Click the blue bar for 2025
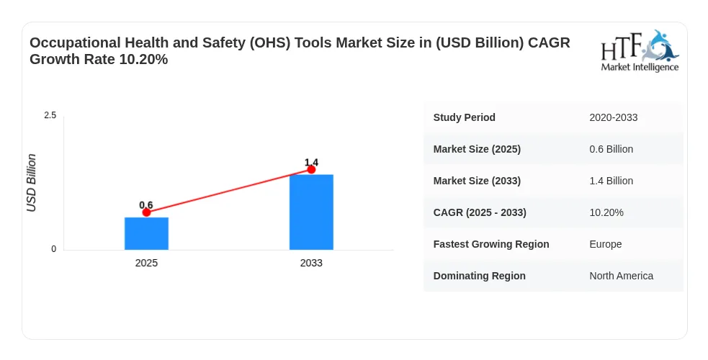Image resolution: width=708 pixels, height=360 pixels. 146,233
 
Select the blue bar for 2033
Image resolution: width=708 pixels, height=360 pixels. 311,212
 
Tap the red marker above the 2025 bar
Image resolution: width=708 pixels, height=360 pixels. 146,212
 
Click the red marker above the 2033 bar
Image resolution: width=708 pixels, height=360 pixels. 311,169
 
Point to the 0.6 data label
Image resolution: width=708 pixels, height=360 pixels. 145,205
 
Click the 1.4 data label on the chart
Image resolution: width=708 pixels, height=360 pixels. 311,163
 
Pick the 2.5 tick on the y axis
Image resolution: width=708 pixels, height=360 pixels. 50,115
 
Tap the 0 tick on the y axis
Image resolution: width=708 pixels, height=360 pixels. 54,249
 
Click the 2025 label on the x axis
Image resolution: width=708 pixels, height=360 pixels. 146,263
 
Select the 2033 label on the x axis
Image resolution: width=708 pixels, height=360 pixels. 311,263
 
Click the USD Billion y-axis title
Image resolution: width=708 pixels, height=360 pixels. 31,183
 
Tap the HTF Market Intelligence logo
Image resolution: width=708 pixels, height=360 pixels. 640,50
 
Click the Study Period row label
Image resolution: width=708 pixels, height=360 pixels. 464,117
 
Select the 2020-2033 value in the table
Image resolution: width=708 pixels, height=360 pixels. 613,117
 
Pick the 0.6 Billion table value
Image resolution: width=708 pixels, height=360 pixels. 611,149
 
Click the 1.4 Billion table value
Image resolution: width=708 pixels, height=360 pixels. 611,181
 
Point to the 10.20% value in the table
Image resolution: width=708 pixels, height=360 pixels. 606,212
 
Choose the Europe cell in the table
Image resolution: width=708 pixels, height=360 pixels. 606,244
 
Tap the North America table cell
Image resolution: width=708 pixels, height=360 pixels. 622,276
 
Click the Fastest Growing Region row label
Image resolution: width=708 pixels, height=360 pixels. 491,244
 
